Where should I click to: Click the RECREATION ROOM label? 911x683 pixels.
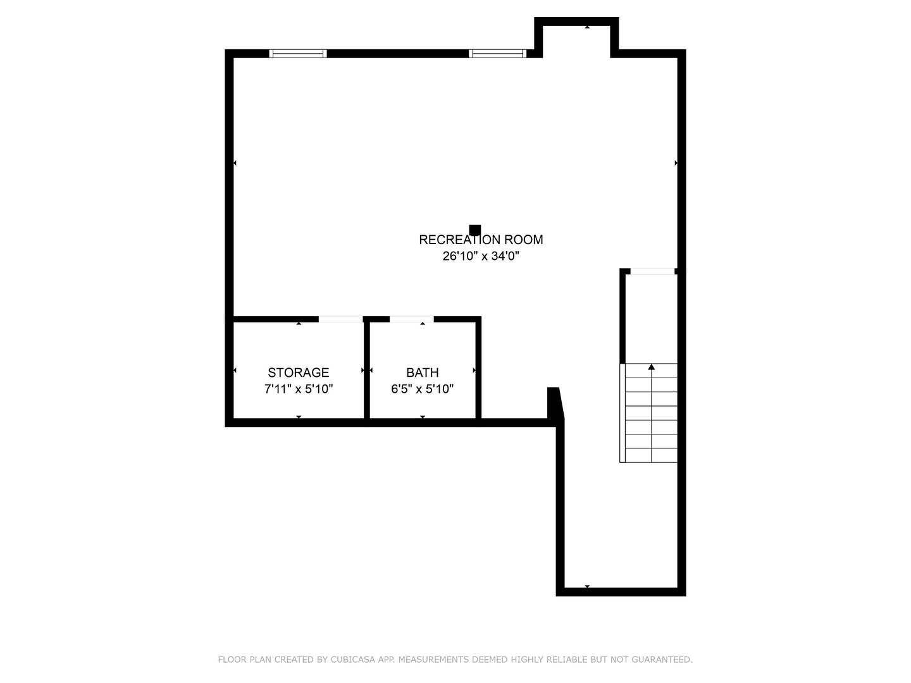[x=481, y=240]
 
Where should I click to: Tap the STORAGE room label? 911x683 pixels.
[x=298, y=372]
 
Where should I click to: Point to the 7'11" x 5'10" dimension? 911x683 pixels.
[x=298, y=389]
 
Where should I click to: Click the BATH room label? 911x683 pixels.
[x=422, y=372]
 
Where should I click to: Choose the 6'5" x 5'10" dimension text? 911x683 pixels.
[x=422, y=389]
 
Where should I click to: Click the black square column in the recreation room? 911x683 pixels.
[x=475, y=230]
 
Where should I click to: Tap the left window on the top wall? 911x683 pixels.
[x=298, y=54]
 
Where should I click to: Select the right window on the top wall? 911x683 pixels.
[x=497, y=54]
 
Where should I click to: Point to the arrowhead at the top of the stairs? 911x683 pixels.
[x=651, y=367]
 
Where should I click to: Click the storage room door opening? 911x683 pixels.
[x=340, y=319]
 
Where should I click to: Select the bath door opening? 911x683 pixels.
[x=411, y=319]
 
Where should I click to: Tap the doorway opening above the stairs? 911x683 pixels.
[x=653, y=272]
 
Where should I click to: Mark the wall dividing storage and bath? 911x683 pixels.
[x=366, y=370]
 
